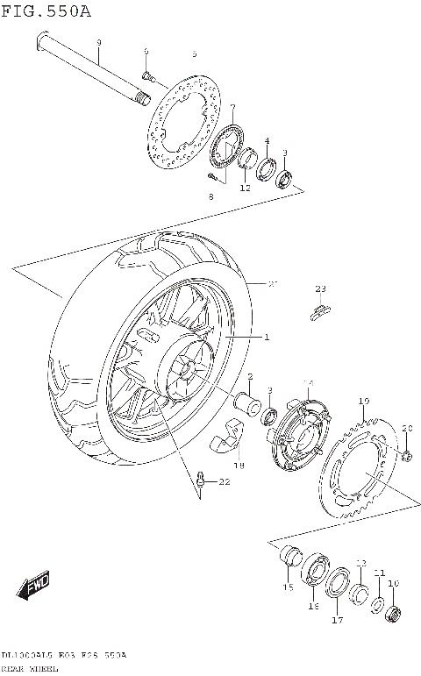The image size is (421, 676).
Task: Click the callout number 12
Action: click(245, 187)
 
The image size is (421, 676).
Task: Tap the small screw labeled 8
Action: click(212, 176)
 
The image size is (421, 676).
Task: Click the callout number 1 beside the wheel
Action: click(267, 338)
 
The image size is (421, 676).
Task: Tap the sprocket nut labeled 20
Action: click(406, 454)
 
